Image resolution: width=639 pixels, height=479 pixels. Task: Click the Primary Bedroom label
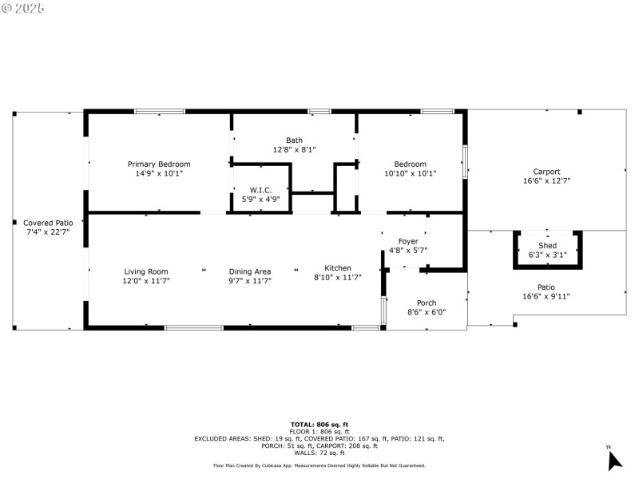pos(159,164)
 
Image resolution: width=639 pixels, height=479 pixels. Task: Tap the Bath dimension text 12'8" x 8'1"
pos(295,149)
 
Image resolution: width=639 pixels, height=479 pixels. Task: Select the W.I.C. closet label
pos(260,190)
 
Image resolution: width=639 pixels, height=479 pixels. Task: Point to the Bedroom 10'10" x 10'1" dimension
pos(410,173)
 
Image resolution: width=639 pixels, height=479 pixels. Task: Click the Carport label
pos(546,172)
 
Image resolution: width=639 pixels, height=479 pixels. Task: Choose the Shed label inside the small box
pos(547,245)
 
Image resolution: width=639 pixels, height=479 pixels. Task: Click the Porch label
pos(427,303)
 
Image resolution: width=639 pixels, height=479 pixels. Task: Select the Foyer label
pos(408,241)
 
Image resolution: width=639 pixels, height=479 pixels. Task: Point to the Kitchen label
pos(337,267)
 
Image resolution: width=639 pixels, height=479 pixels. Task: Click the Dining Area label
pos(250,271)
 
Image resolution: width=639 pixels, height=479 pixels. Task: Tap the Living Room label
pos(145,271)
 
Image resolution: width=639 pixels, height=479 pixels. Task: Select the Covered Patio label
pos(48,223)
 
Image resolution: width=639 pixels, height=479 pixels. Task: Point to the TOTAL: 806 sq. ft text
pos(319,424)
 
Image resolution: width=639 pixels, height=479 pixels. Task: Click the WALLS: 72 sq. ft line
pos(319,453)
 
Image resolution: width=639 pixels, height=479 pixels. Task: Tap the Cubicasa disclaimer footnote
pos(319,465)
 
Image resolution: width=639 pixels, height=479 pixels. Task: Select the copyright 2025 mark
pos(24,8)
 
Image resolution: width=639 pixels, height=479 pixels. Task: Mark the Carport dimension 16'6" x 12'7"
pos(546,181)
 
